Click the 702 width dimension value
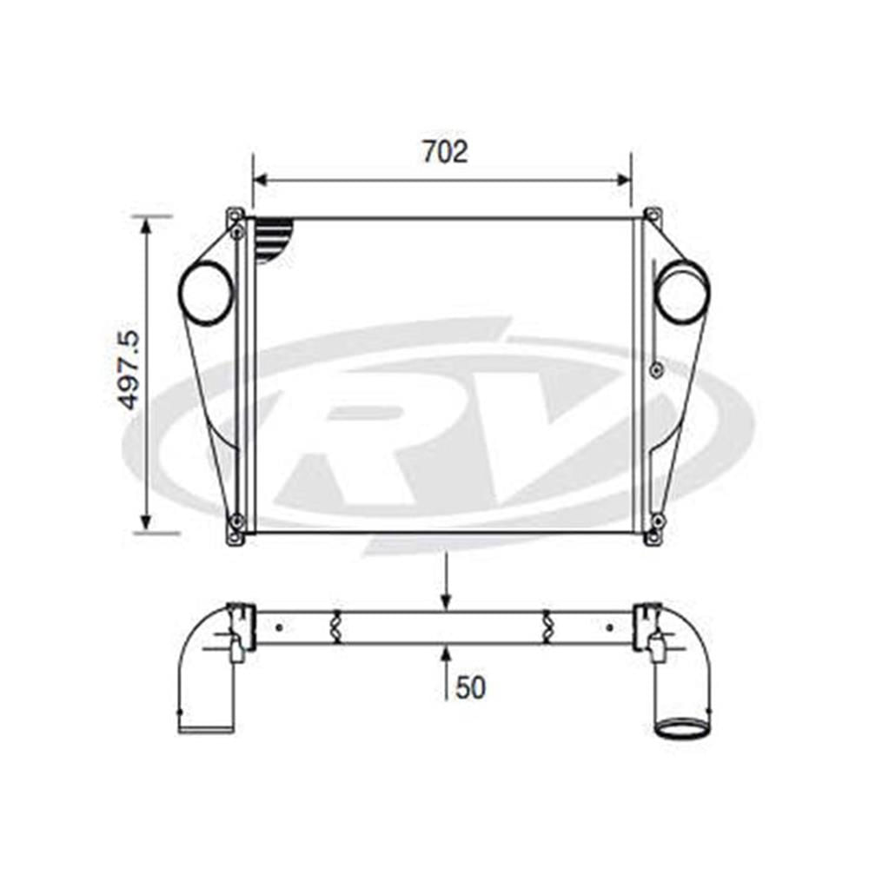click(445, 151)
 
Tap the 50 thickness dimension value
click(470, 687)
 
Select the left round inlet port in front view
click(206, 293)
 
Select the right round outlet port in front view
click(682, 292)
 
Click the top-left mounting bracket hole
click(235, 232)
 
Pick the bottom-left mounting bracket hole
click(235, 521)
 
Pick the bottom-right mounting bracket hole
click(657, 521)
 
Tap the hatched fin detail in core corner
click(275, 239)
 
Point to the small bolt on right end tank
click(656, 370)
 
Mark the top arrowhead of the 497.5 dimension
click(146, 224)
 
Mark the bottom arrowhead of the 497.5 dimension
click(146, 523)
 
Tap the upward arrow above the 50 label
click(446, 652)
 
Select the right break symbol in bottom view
click(547, 627)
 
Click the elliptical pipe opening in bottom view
click(682, 728)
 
